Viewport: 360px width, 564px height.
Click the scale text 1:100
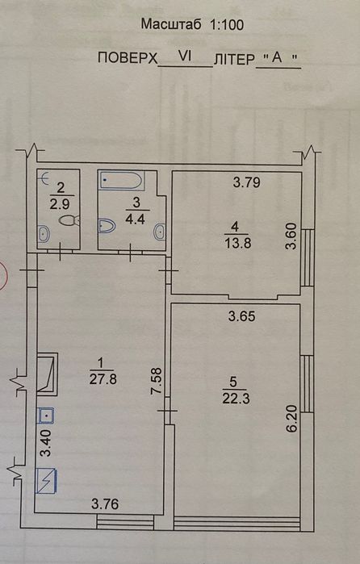tap(227, 24)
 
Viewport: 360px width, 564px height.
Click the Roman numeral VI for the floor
tap(186, 56)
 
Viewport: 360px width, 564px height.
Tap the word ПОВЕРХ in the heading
tap(128, 57)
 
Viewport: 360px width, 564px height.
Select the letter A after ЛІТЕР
tap(277, 56)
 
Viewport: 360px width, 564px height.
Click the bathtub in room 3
tap(121, 180)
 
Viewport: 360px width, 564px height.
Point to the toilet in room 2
tap(69, 220)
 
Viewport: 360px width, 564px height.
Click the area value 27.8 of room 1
tap(103, 378)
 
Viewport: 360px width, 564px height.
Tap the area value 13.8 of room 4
tap(237, 243)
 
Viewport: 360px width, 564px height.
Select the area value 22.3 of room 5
tap(236, 398)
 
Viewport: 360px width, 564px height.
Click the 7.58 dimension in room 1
tap(157, 382)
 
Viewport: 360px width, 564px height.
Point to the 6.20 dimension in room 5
tap(292, 418)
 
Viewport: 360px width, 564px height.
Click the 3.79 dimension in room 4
tap(247, 182)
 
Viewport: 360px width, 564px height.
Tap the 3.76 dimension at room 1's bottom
tap(105, 504)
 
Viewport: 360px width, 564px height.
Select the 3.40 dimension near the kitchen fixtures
tap(47, 443)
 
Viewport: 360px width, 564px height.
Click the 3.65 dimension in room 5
tap(242, 316)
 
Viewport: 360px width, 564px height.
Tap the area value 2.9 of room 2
tap(60, 204)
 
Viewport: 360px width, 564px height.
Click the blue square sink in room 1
tap(46, 416)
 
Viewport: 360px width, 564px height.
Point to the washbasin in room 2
tap(44, 233)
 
